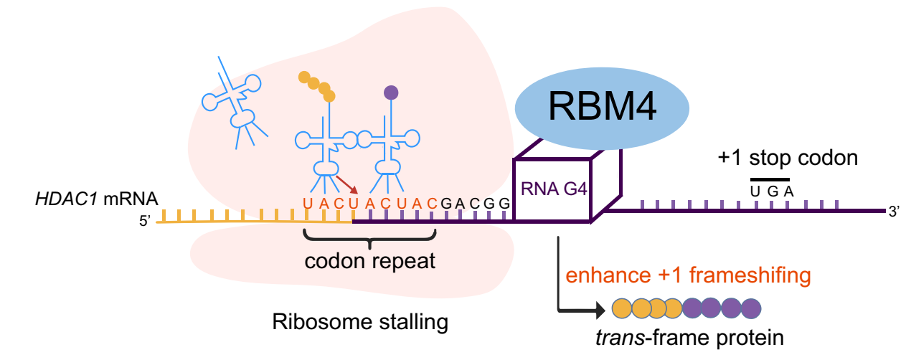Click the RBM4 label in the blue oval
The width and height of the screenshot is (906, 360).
pyautogui.click(x=602, y=108)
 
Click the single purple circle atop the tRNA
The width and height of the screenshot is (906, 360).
pyautogui.click(x=391, y=92)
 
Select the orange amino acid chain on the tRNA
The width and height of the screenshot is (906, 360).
pyautogui.click(x=316, y=85)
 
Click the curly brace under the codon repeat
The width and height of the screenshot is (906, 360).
pyautogui.click(x=370, y=237)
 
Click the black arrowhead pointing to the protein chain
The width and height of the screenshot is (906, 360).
pyautogui.click(x=597, y=310)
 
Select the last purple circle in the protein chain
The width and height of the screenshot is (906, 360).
pyautogui.click(x=750, y=309)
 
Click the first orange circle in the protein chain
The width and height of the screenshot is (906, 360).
pyautogui.click(x=622, y=309)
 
